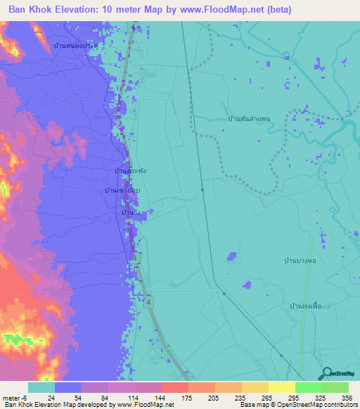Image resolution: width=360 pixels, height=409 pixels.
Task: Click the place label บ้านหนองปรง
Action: [x=75, y=44]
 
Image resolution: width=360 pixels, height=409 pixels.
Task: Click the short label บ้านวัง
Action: [x=129, y=212]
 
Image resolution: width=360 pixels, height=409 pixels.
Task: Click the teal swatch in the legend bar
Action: [x=41, y=387]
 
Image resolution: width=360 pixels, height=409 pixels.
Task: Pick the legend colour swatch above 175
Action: [x=174, y=387]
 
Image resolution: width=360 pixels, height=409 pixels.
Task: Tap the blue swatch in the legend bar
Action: [x=68, y=387]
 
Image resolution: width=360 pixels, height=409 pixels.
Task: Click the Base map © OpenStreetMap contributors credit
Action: [x=299, y=405]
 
